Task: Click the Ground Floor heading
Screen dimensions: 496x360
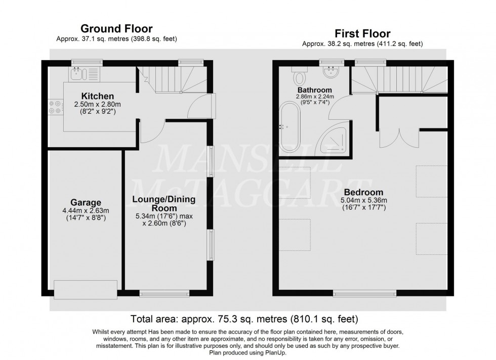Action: click(116, 29)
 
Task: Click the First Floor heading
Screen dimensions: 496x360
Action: click(362, 33)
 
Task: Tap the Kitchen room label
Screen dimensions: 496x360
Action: click(97, 96)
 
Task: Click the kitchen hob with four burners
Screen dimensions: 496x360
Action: click(55, 107)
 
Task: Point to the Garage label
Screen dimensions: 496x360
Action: click(86, 202)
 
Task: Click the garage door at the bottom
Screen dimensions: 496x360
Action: click(86, 289)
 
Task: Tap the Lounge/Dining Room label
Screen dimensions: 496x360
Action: click(164, 204)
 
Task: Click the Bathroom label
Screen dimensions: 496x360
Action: click(314, 90)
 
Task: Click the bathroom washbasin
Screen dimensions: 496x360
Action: click(332, 71)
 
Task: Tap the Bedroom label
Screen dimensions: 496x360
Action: click(363, 192)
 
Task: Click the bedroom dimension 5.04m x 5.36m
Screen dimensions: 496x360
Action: click(364, 200)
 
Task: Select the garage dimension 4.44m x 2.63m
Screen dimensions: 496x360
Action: click(86, 210)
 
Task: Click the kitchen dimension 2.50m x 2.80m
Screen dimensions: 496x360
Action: click(97, 104)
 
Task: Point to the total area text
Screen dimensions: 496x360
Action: click(244, 319)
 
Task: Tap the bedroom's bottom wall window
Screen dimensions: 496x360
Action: click(365, 294)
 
